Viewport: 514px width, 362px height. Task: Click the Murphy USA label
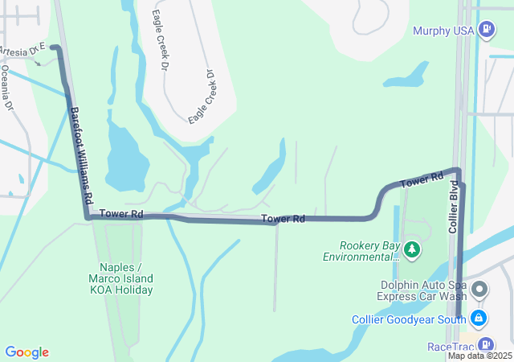(443, 31)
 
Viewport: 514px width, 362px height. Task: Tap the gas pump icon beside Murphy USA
(486, 30)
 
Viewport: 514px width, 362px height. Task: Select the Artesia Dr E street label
(22, 51)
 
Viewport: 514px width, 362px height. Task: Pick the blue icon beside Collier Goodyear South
(479, 319)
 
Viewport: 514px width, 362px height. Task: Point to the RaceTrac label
(450, 347)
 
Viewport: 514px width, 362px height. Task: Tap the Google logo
(27, 352)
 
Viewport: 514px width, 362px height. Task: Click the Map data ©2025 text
(479, 356)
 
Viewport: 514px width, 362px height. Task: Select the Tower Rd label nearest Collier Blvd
(422, 180)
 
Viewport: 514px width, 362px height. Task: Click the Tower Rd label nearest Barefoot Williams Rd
(122, 214)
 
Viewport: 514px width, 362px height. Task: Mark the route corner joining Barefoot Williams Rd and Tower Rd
(87, 216)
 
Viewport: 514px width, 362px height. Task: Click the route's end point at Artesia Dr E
(54, 47)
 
